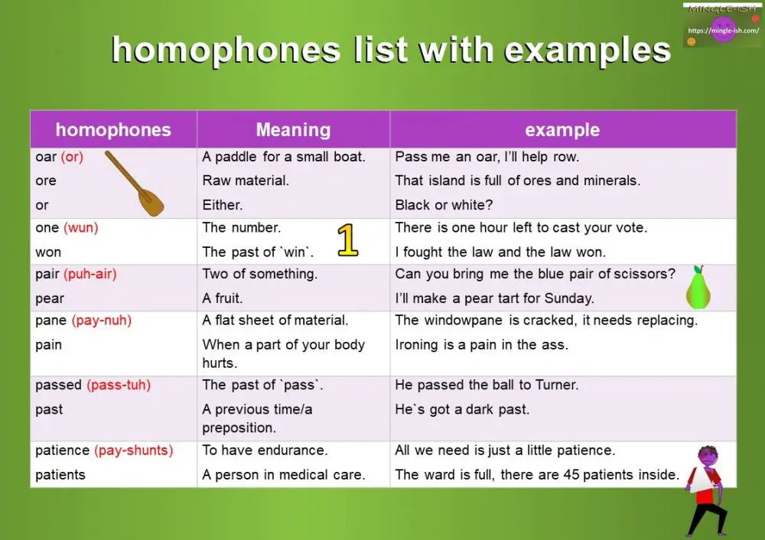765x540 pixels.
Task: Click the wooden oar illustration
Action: click(135, 183)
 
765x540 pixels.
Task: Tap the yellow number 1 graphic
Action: click(347, 240)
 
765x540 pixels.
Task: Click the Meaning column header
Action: click(293, 130)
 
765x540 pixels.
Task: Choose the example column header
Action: click(562, 130)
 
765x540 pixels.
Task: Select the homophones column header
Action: click(113, 130)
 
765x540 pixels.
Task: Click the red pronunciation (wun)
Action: click(81, 227)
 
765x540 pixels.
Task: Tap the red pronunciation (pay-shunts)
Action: click(134, 451)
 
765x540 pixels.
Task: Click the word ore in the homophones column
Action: click(46, 181)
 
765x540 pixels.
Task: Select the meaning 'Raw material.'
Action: click(246, 181)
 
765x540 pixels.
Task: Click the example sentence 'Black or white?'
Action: click(444, 205)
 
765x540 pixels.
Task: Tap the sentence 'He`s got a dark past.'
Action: click(462, 409)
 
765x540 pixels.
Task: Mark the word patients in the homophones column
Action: click(60, 474)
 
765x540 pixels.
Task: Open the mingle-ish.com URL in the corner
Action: click(722, 31)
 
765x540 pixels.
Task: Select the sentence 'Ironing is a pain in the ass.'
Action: click(481, 345)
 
